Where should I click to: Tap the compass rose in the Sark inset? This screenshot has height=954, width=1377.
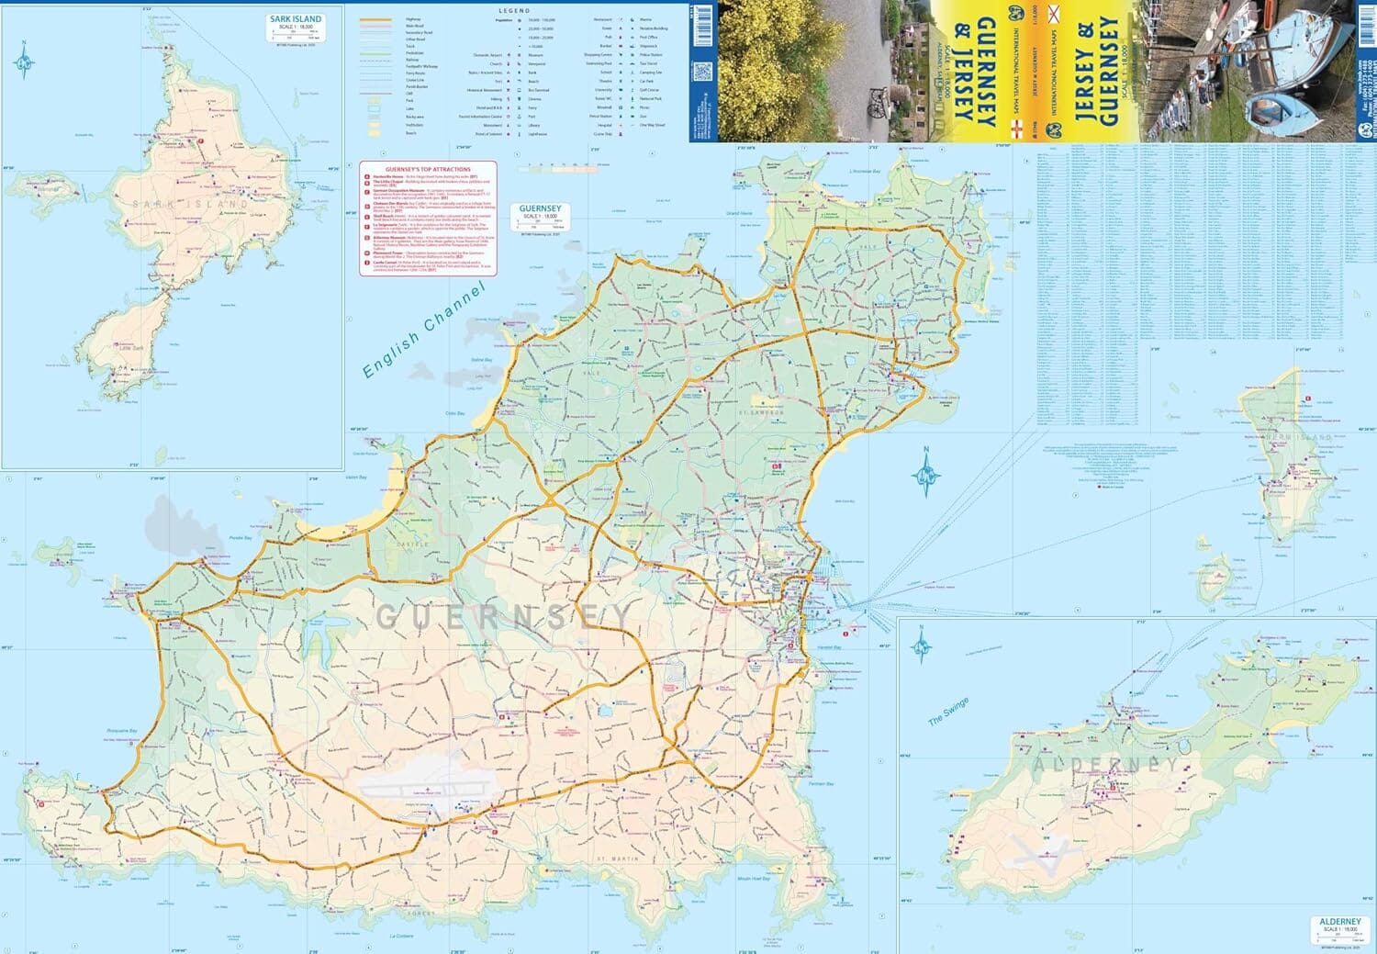click(25, 62)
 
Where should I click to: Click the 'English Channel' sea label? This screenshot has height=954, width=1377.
click(422, 331)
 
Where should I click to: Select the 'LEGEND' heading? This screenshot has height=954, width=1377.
click(522, 10)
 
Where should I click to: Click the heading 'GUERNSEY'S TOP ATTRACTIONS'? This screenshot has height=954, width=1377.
click(429, 170)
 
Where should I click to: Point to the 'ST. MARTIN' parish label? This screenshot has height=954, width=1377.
click(616, 859)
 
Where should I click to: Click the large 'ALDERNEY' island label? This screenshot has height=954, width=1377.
click(1105, 764)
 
